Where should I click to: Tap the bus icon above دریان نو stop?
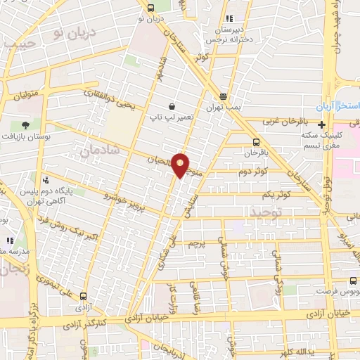tap(151, 8)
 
